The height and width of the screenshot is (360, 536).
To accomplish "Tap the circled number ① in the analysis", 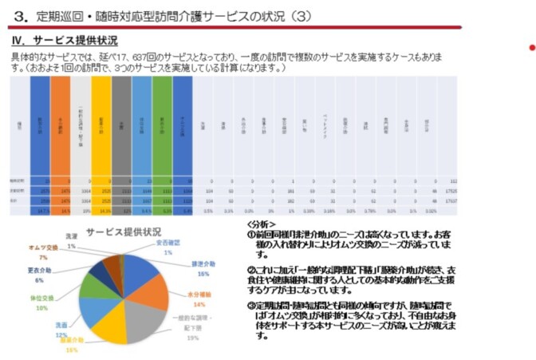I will tap(250, 234).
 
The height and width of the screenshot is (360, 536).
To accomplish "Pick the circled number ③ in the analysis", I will tap(250, 307).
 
